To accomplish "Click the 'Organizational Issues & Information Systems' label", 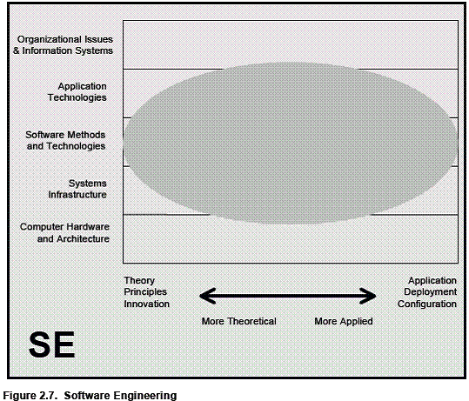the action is click(64, 45).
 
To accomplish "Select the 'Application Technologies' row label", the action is click(77, 92).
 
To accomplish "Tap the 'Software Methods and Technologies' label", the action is click(65, 140).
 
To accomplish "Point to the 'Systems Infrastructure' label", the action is click(77, 189).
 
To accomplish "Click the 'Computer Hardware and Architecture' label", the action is click(64, 232).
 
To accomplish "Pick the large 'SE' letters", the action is click(51, 344).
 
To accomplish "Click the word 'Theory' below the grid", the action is click(139, 280).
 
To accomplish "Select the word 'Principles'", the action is click(145, 292).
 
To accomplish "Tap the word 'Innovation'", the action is click(146, 304).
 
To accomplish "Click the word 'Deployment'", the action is click(431, 292).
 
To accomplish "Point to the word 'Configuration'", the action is click(427, 304).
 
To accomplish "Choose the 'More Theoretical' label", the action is click(239, 321).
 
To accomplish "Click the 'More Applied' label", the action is click(344, 321).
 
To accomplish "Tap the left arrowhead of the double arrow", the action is click(207, 296).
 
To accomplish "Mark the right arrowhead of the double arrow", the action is click(369, 296).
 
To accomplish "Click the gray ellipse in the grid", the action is click(290, 144).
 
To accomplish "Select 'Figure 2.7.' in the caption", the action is click(30, 395).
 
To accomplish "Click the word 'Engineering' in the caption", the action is click(146, 396).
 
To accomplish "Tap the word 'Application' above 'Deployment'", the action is click(432, 280).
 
